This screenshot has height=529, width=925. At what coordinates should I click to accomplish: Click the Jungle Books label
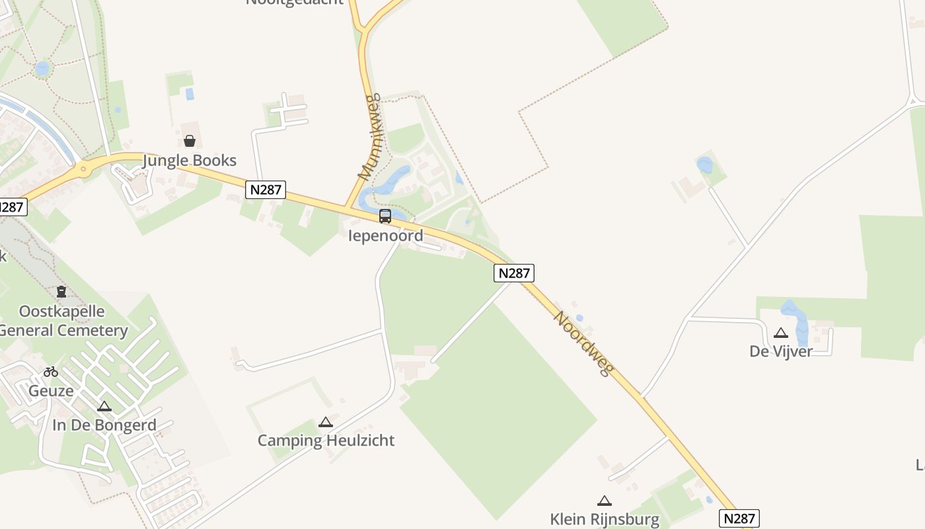coord(190,161)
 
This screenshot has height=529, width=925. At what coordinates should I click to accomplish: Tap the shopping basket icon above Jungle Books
coord(190,141)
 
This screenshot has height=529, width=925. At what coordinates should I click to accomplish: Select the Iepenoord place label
coord(385,235)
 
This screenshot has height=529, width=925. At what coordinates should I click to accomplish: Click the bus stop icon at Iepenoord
coord(385,216)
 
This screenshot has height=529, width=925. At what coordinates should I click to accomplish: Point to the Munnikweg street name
coord(370,138)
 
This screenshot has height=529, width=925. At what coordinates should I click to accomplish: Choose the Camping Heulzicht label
coord(326,440)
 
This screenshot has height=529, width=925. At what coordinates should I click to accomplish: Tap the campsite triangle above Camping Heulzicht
coord(325,422)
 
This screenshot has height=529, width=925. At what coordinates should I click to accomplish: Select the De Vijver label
coord(781,351)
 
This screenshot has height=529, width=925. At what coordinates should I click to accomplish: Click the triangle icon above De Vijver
coord(781,333)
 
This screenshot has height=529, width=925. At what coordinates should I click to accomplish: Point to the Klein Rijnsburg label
coord(605,519)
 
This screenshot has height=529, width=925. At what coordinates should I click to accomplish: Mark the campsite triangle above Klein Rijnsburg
coord(604,501)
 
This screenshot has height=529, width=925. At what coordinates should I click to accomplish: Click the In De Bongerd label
coord(104,425)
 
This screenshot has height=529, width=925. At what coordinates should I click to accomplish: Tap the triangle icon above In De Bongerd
coord(104,406)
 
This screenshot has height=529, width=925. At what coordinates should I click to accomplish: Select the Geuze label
coord(51,391)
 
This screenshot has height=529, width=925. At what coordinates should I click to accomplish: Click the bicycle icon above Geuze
coord(51,372)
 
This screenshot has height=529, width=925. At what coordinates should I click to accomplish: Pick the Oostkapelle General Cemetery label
coord(63,321)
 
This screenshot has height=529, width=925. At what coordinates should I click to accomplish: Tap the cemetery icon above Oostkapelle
coord(61,291)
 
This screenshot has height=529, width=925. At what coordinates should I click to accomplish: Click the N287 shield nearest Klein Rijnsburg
coord(739,518)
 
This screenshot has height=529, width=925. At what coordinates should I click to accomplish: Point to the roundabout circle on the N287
coord(83,169)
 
